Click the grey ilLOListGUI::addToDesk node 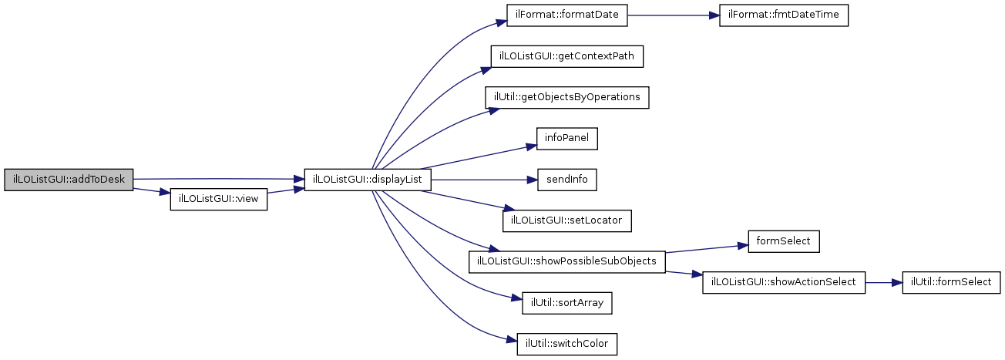click(69, 179)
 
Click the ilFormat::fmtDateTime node click(784, 15)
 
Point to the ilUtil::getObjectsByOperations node click(566, 97)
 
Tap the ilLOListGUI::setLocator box click(567, 220)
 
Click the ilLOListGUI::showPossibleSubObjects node click(566, 261)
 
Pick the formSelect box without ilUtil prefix click(784, 241)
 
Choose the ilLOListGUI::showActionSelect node click(784, 282)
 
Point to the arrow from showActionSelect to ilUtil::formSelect click(883, 282)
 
